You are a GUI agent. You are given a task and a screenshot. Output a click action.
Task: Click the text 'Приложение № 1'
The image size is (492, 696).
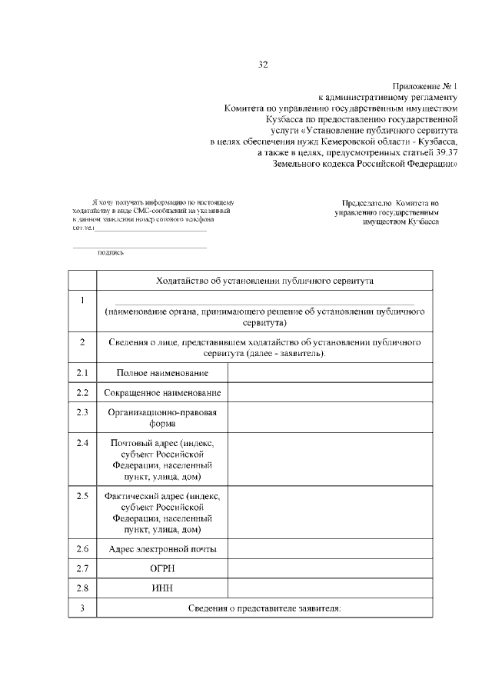point(424,87)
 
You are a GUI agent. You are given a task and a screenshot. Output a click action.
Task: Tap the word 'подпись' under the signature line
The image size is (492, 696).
point(111,252)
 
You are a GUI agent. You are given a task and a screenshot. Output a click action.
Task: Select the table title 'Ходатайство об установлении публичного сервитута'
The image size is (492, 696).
point(264,281)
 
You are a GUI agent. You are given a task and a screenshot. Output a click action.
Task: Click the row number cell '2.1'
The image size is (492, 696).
point(82,373)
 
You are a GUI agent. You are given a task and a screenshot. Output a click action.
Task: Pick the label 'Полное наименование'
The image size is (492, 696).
point(162,373)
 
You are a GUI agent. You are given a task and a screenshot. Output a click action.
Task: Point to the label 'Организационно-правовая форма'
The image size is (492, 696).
point(162,418)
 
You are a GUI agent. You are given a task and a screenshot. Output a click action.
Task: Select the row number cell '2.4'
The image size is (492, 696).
point(82,444)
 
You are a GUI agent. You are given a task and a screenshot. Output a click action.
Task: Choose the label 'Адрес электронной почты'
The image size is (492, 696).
point(162,549)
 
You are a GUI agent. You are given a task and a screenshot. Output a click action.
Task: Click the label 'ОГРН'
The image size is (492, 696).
point(162,569)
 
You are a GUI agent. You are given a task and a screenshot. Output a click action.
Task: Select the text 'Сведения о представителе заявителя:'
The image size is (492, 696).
point(264,609)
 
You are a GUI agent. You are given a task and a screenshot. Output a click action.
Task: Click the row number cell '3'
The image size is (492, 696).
point(82,609)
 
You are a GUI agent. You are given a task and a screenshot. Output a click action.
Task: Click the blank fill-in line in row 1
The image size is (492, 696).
point(264,304)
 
